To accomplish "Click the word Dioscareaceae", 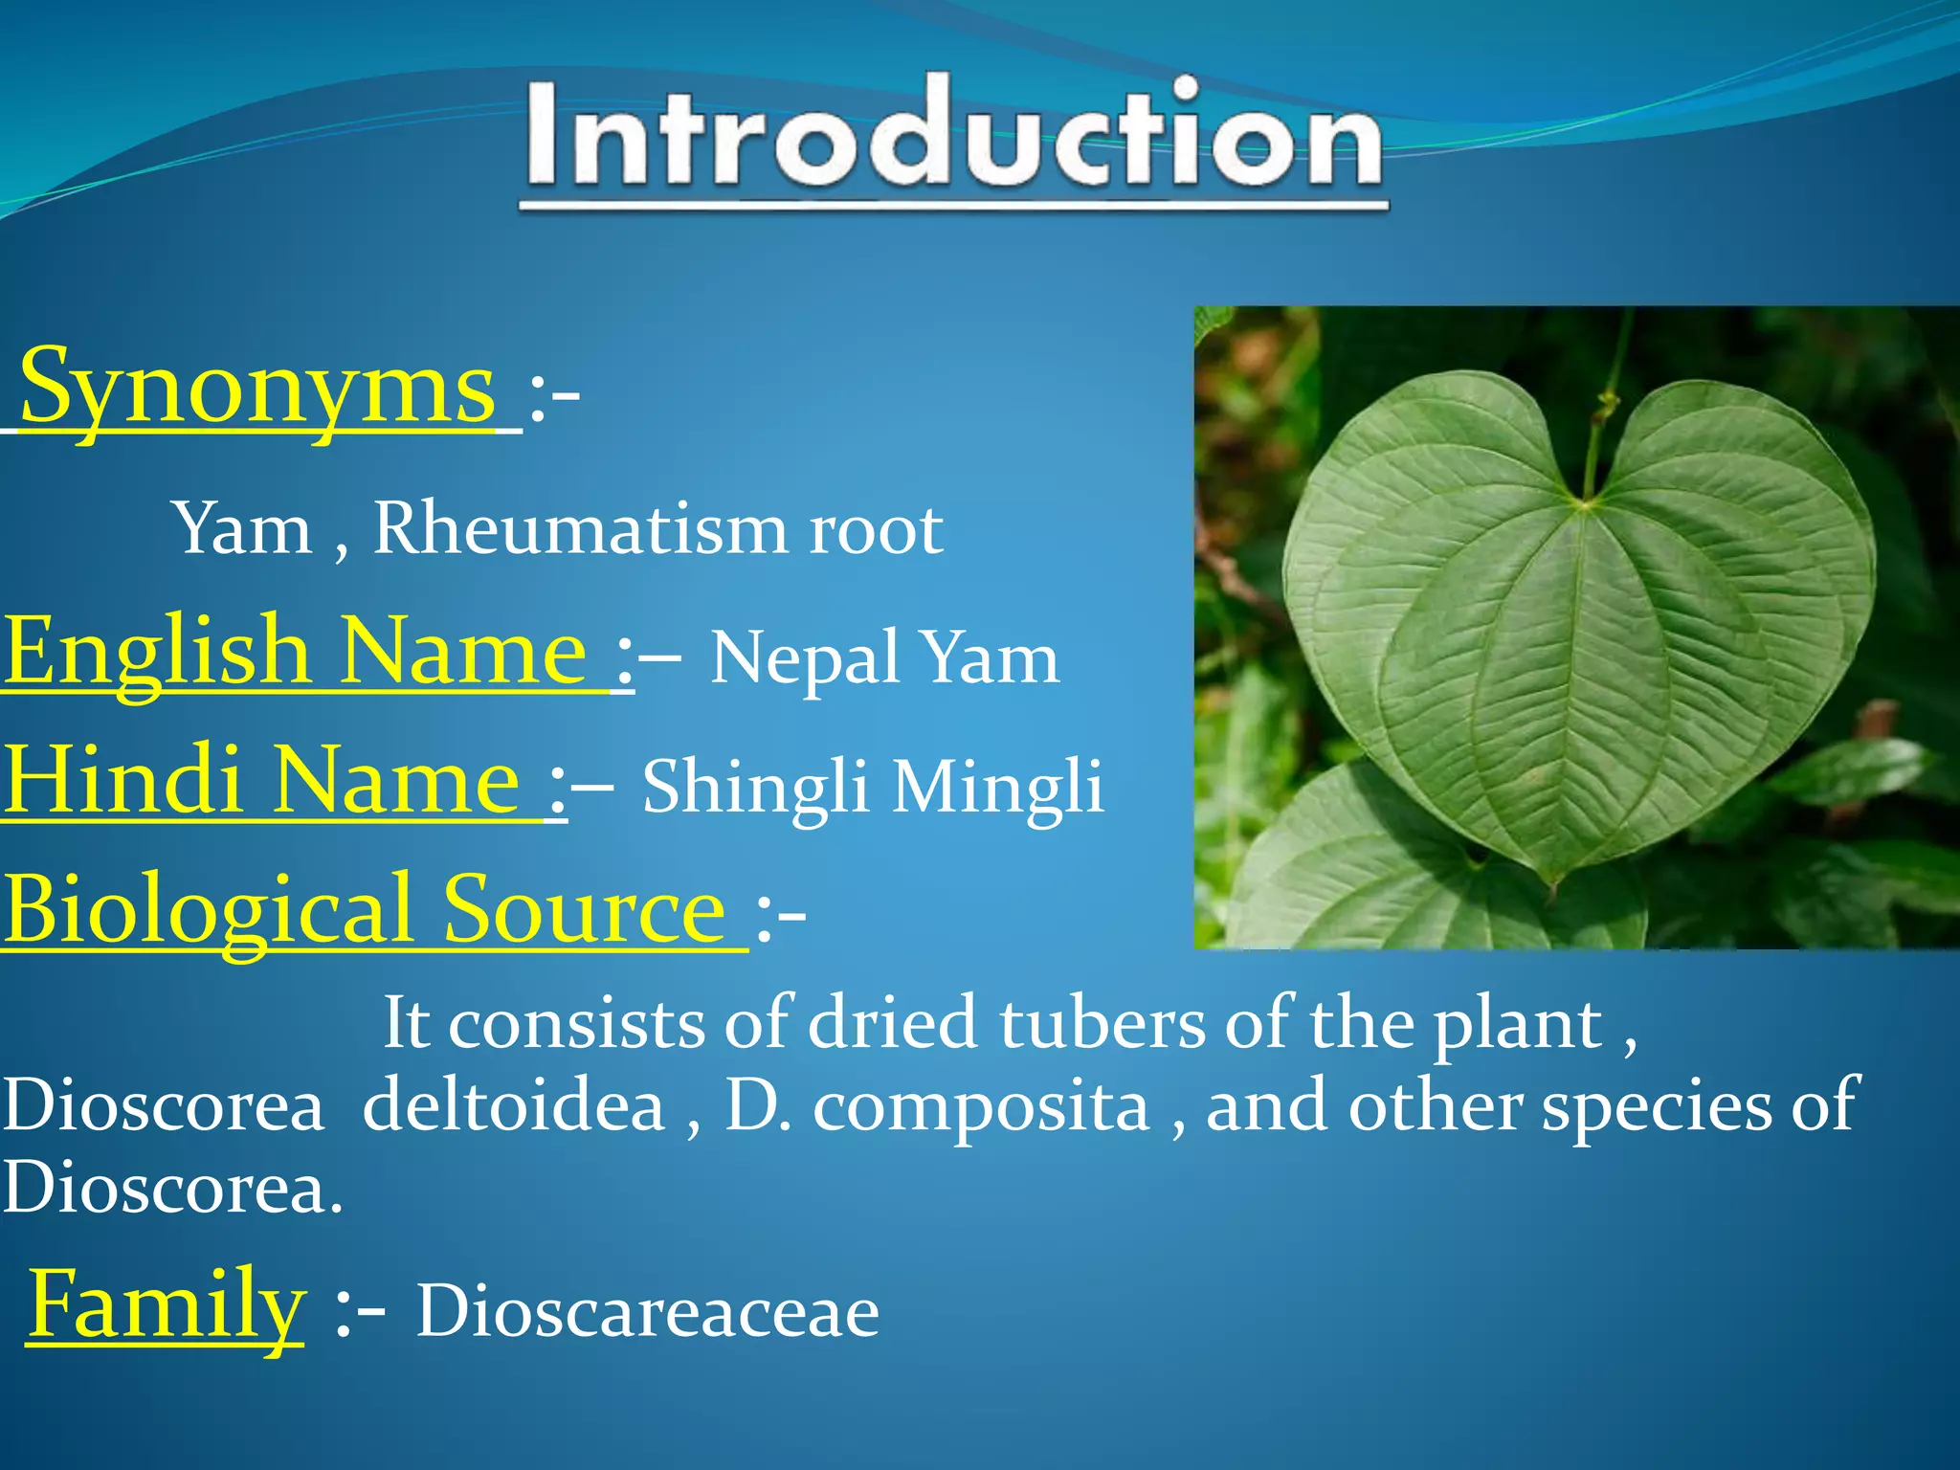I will point(648,1312).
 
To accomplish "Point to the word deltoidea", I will point(514,1106).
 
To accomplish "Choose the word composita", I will point(981,1106).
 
